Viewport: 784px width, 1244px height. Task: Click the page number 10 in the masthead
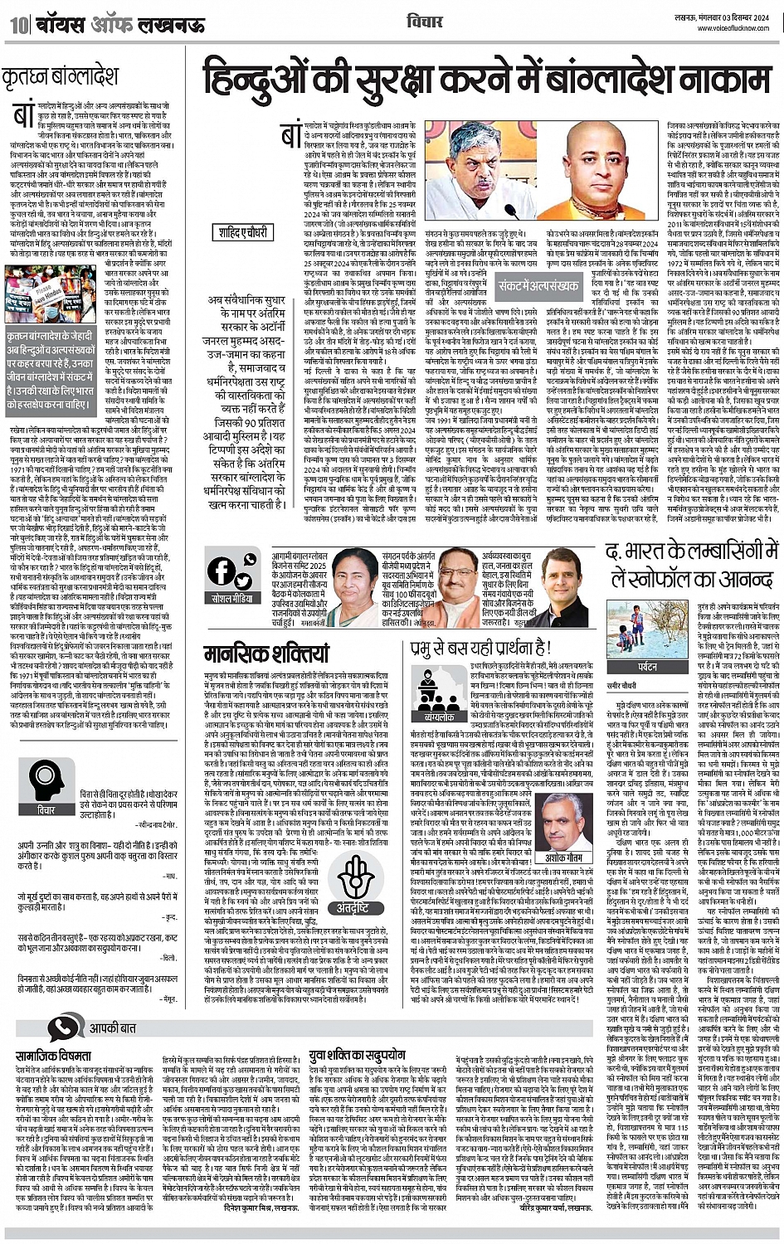coord(18,24)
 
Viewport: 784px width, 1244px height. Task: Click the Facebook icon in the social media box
coord(222,571)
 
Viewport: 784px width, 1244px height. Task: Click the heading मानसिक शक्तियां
coord(256,654)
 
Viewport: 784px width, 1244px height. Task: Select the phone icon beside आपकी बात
coord(61,1029)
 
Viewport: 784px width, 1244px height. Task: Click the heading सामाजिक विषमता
coord(52,1056)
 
